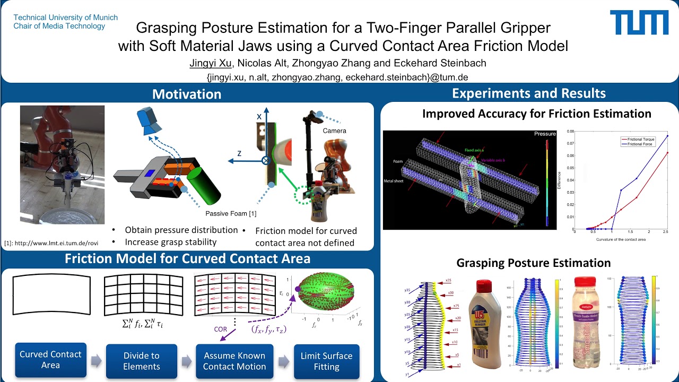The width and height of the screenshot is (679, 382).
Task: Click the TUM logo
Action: pos(639,23)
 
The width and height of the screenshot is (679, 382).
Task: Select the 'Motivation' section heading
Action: pos(187,94)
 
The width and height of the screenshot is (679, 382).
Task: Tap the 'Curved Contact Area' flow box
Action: pos(50,360)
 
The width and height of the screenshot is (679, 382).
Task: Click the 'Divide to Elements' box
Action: pos(141,361)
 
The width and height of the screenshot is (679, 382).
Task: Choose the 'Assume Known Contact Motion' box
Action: pos(234,361)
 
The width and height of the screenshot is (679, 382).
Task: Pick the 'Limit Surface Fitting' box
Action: pos(326,361)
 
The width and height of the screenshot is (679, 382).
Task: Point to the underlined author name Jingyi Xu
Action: pos(211,63)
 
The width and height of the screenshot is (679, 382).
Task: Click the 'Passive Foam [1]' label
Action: pos(231,213)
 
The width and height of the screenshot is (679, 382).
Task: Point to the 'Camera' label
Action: pos(334,131)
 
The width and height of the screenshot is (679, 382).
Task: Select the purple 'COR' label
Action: pos(221,329)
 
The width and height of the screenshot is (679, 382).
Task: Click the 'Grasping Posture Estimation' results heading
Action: pos(533,263)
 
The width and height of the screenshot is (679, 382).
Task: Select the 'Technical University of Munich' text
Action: pos(65,18)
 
